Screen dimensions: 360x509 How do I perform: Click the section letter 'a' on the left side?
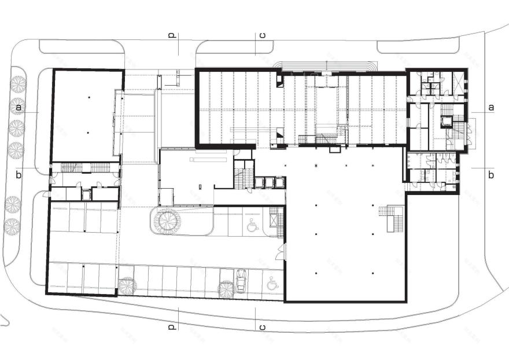click(x=19, y=108)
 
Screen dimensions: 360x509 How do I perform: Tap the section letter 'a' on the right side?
click(x=491, y=108)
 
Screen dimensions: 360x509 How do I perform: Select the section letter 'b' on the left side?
click(x=19, y=175)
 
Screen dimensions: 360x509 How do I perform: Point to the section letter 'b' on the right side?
click(x=491, y=175)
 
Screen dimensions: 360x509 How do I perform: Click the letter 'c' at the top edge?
click(x=262, y=35)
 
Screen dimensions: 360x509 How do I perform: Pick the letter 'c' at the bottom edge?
click(x=262, y=328)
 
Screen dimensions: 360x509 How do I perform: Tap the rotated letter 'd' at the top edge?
click(x=172, y=35)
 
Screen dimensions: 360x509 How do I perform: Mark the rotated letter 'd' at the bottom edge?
click(x=172, y=328)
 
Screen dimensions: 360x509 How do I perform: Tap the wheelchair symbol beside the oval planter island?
click(x=252, y=225)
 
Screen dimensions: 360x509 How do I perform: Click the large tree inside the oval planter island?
click(x=168, y=221)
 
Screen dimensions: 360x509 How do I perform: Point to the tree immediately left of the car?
click(x=225, y=288)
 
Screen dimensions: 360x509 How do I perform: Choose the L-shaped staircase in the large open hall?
click(x=393, y=218)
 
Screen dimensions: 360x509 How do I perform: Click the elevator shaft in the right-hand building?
click(x=447, y=121)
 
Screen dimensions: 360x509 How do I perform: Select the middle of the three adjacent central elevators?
click(x=269, y=182)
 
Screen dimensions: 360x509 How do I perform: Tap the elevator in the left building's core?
click(x=86, y=194)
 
